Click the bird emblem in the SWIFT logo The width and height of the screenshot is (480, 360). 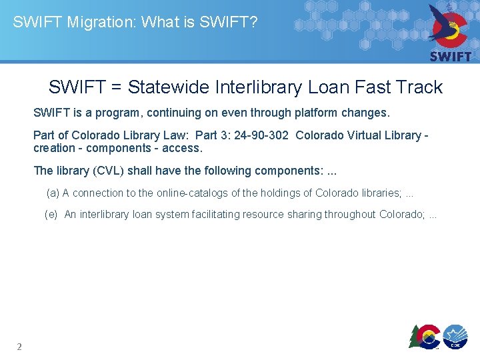coord(450,25)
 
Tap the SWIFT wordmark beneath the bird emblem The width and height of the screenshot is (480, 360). coord(451,57)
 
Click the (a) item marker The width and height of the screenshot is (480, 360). coord(53,193)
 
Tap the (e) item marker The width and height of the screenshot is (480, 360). coord(51,215)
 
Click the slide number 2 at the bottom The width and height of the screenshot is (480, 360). coord(19,347)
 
